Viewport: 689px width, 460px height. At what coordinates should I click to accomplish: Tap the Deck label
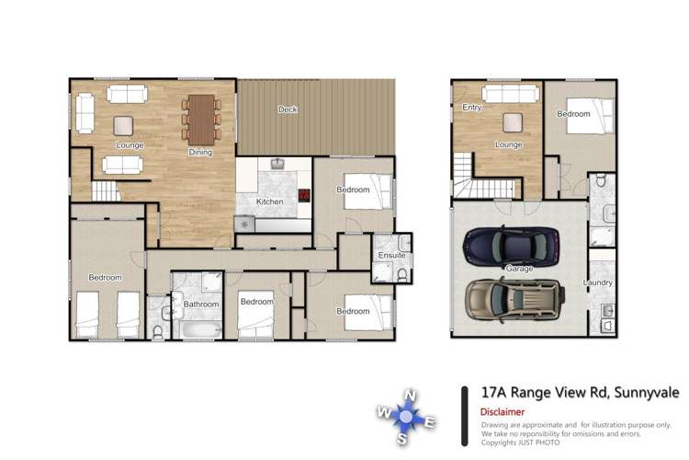(288, 110)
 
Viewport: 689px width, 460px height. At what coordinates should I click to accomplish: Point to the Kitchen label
(269, 201)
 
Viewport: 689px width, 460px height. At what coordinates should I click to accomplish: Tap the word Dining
(199, 153)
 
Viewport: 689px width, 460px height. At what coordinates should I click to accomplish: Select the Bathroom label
(200, 305)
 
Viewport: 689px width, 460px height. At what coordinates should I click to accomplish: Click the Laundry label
(598, 283)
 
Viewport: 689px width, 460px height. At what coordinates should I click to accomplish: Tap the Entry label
(472, 108)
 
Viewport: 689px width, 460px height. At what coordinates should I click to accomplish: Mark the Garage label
(518, 269)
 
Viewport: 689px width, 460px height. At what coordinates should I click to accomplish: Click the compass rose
(406, 415)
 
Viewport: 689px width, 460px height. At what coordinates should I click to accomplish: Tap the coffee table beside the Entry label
(511, 122)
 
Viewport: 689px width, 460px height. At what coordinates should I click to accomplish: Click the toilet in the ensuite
(402, 273)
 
